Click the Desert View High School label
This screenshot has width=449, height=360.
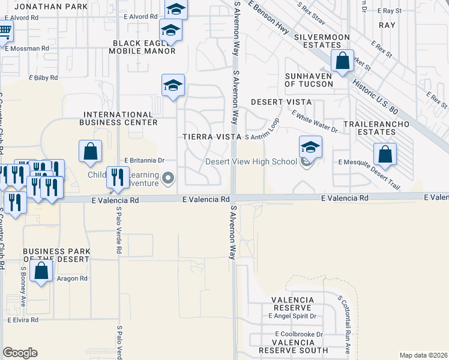coord(252,161)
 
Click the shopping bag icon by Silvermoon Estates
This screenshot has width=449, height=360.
coord(342,61)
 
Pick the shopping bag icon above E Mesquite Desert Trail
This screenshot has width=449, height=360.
coord(385,154)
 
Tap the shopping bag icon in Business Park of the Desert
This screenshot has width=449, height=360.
coord(41,271)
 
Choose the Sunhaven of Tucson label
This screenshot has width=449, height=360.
coord(308,80)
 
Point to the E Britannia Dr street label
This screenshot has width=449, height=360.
coord(144,161)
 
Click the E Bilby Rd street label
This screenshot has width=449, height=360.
coord(43,78)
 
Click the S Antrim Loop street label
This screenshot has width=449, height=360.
coord(262,137)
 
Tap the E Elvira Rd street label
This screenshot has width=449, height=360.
coord(23,320)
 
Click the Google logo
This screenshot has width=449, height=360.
coord(20,353)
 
